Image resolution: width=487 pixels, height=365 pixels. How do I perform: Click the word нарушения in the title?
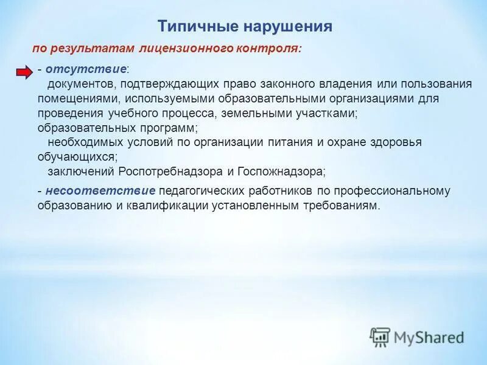[x=289, y=26]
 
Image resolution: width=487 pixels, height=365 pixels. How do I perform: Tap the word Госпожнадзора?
[x=284, y=172]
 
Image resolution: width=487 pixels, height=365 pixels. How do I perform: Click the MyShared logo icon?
[x=380, y=336]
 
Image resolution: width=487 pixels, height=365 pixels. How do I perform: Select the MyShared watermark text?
[x=429, y=336]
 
